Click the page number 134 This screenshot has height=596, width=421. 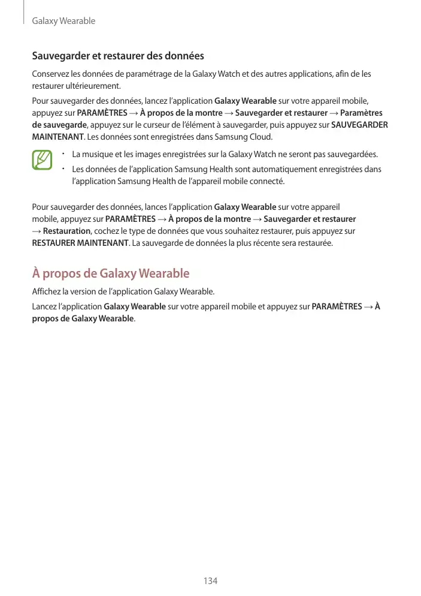tap(210, 580)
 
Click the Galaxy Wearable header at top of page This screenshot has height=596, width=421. tap(63, 22)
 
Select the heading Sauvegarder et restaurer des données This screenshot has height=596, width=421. tap(118, 56)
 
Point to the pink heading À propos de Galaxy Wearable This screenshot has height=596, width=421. tap(111, 274)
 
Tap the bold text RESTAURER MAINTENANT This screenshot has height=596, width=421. tap(80, 244)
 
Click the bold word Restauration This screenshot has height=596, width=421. tap(67, 231)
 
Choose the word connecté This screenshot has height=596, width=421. tap(268, 180)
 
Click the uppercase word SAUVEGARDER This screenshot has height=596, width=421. tap(359, 125)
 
